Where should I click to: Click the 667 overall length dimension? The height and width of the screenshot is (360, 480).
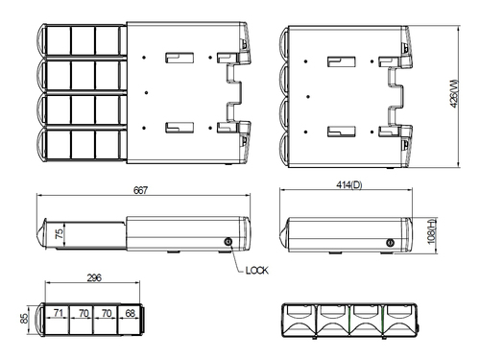140,191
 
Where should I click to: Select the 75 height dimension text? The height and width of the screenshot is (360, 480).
59,233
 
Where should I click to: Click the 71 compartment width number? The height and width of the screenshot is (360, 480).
59,312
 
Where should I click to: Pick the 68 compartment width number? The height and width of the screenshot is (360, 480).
129,312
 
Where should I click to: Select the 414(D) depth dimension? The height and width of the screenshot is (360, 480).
349,184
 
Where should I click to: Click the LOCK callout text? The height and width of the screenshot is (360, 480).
256,271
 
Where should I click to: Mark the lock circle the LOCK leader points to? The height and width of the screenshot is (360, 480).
228,242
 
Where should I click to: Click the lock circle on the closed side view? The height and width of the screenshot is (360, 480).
390,243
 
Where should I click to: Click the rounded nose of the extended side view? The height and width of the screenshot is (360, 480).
41,233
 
